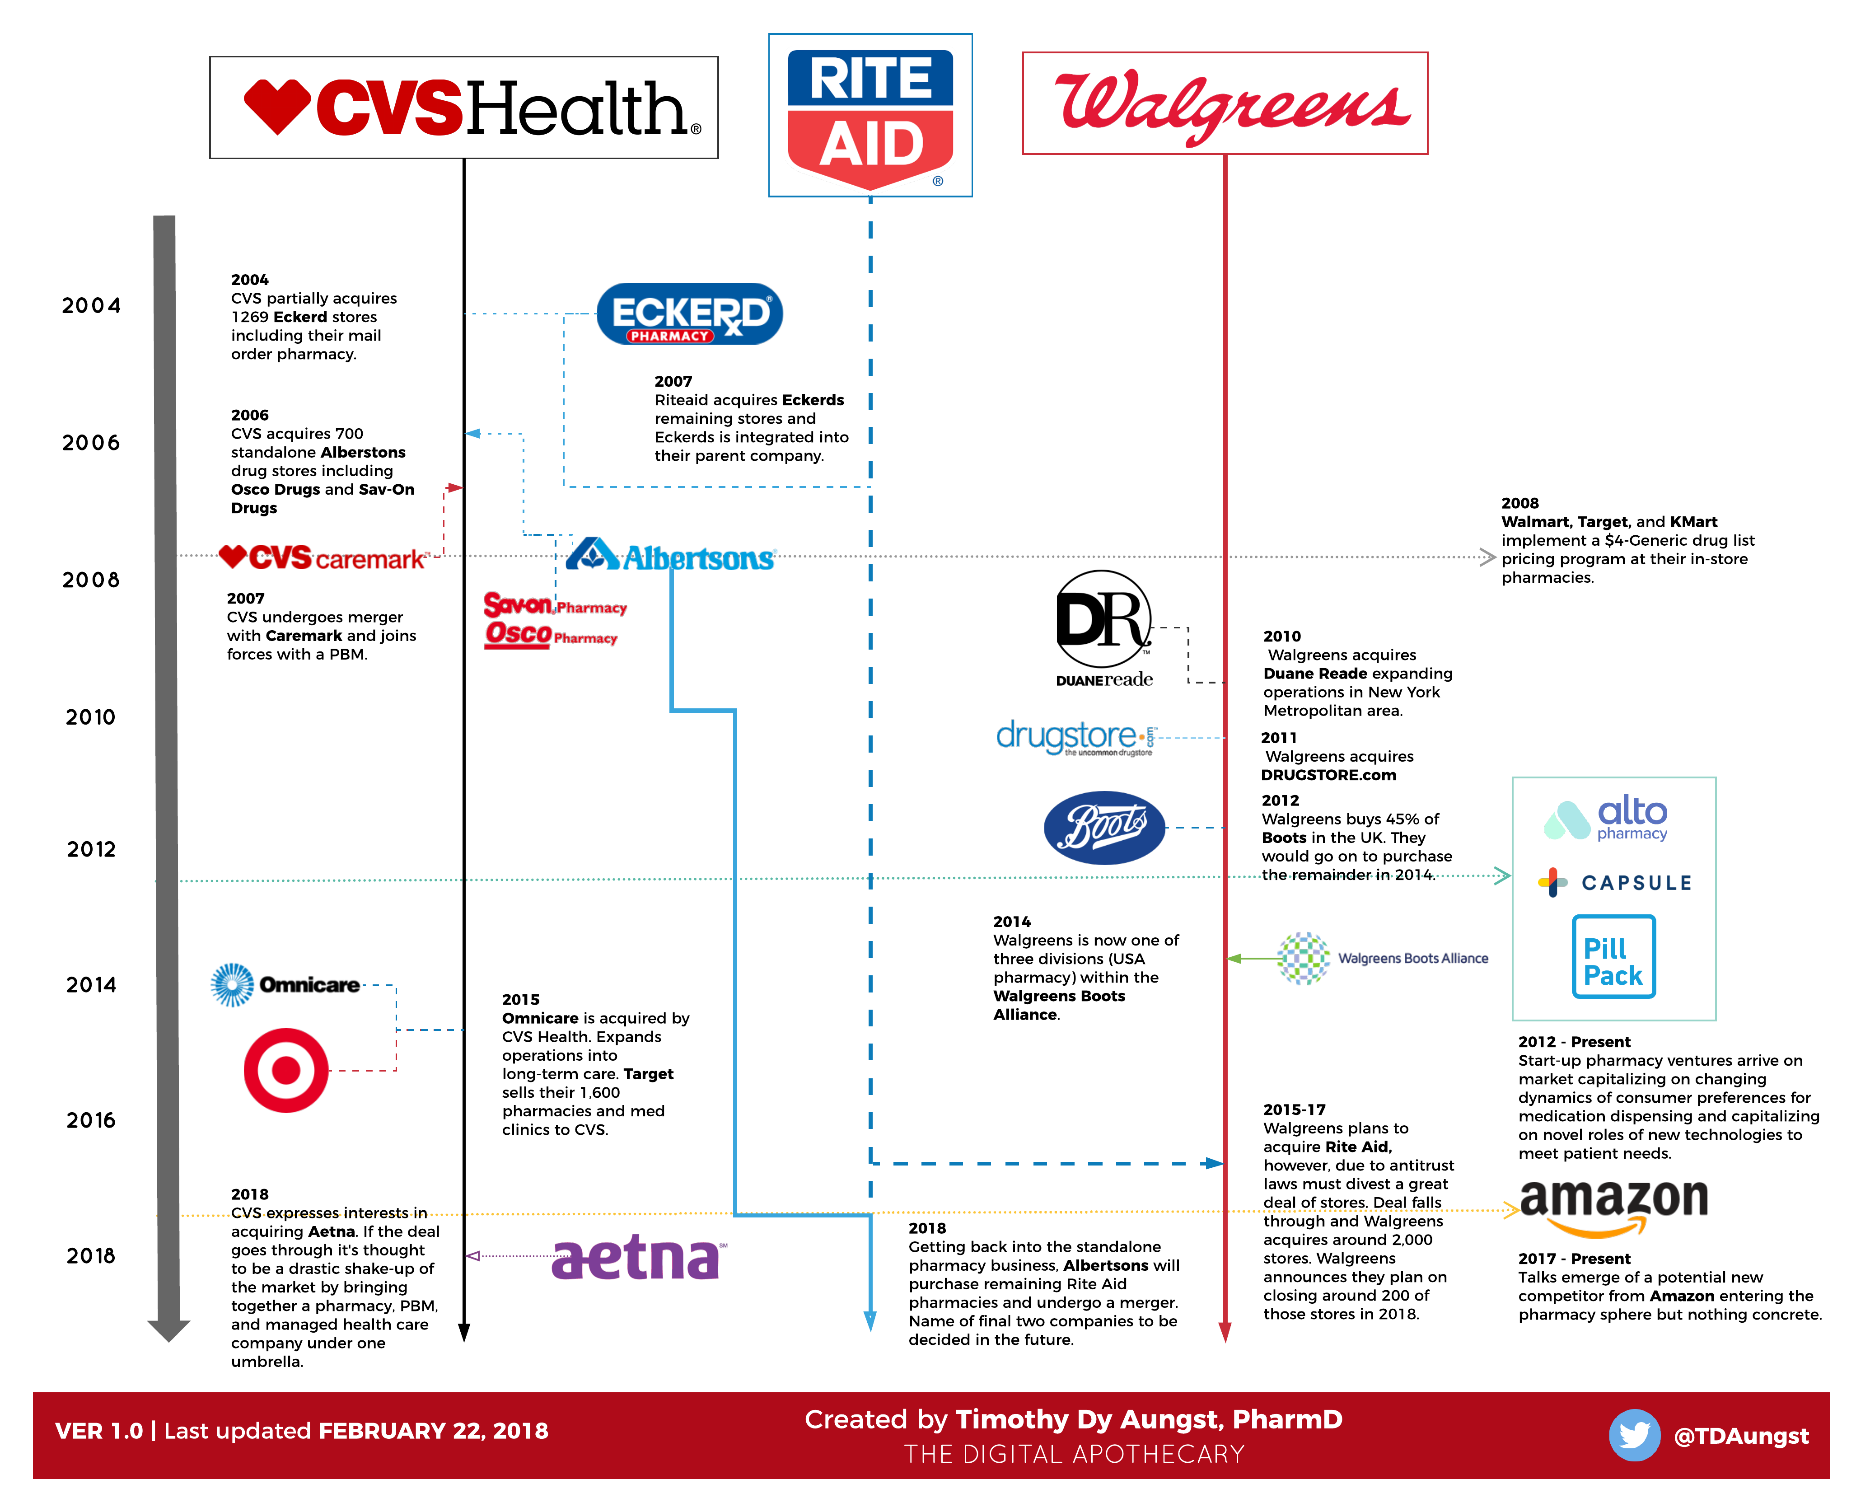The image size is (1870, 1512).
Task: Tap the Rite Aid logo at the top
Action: click(870, 116)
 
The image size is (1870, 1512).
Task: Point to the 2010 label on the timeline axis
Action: click(91, 718)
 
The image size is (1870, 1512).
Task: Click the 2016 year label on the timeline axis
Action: click(91, 1121)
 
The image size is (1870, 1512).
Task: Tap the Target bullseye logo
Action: click(285, 1071)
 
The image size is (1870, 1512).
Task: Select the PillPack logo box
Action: click(1613, 956)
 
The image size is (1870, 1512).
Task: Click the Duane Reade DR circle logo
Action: click(1103, 620)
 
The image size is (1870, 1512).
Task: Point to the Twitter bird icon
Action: click(1633, 1434)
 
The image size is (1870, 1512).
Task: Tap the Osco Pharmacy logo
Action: click(551, 635)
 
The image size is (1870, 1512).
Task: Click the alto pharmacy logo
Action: click(1607, 819)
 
